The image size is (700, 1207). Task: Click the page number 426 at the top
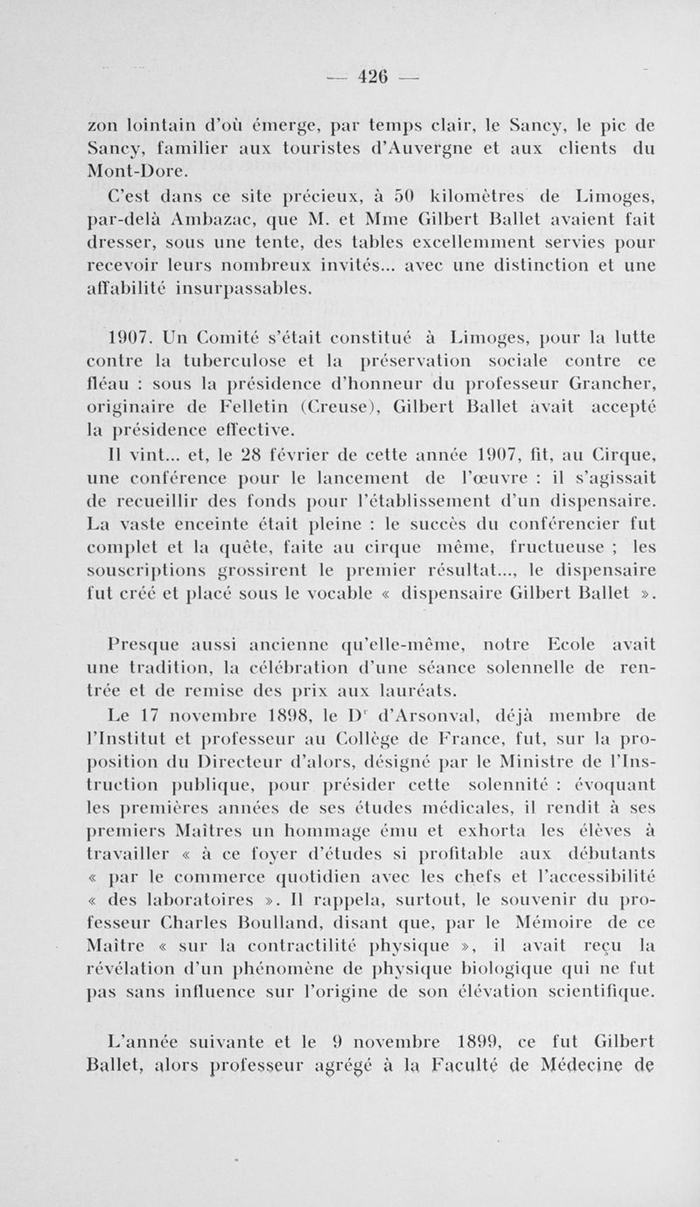[374, 78]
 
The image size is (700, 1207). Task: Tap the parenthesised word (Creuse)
[343, 407]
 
